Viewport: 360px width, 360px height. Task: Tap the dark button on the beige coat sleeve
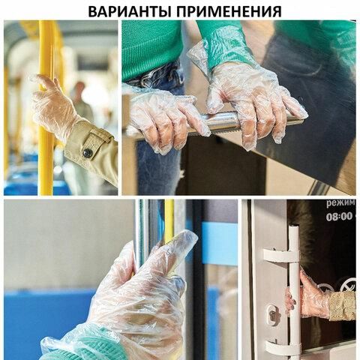(x=88, y=153)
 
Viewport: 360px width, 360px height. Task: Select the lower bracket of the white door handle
(x=282, y=346)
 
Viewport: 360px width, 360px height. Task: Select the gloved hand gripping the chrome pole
(x=142, y=292)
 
